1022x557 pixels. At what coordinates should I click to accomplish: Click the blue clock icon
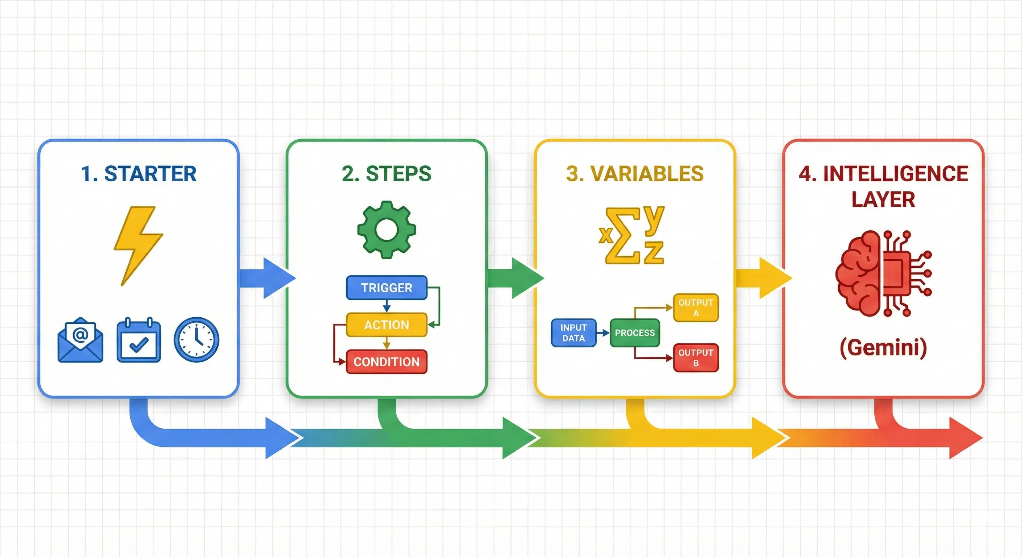[x=196, y=339]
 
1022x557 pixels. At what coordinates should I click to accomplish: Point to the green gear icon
[x=387, y=230]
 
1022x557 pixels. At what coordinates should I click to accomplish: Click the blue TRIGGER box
[x=387, y=288]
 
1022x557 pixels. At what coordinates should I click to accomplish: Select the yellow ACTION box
[x=387, y=325]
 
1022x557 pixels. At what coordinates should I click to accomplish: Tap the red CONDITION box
[x=387, y=362]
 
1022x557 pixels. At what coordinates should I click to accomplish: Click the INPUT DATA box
[x=574, y=333]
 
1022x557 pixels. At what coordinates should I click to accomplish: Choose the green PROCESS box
[x=635, y=333]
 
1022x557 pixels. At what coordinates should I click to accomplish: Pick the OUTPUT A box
[x=696, y=308]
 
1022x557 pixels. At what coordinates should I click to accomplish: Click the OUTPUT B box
[x=696, y=358]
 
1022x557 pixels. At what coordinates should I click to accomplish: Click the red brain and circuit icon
[x=883, y=273]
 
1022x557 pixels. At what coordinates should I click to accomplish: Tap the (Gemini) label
[x=883, y=348]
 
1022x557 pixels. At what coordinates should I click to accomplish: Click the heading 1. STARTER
[x=139, y=174]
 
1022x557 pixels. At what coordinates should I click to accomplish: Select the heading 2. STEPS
[x=387, y=174]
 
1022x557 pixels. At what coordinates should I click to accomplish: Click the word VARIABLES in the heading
[x=647, y=174]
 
